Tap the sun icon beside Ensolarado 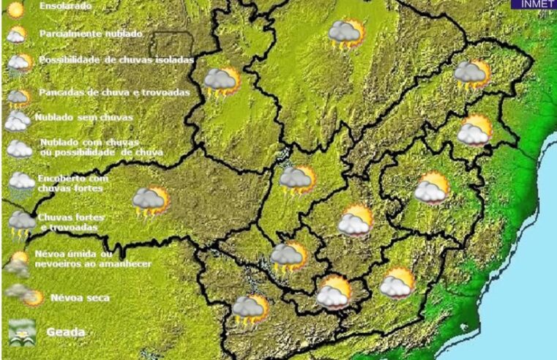click(15, 10)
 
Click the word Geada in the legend click(65, 331)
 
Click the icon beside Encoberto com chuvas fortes click(20, 182)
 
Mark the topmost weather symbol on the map click(346, 34)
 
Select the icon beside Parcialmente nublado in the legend click(18, 34)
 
